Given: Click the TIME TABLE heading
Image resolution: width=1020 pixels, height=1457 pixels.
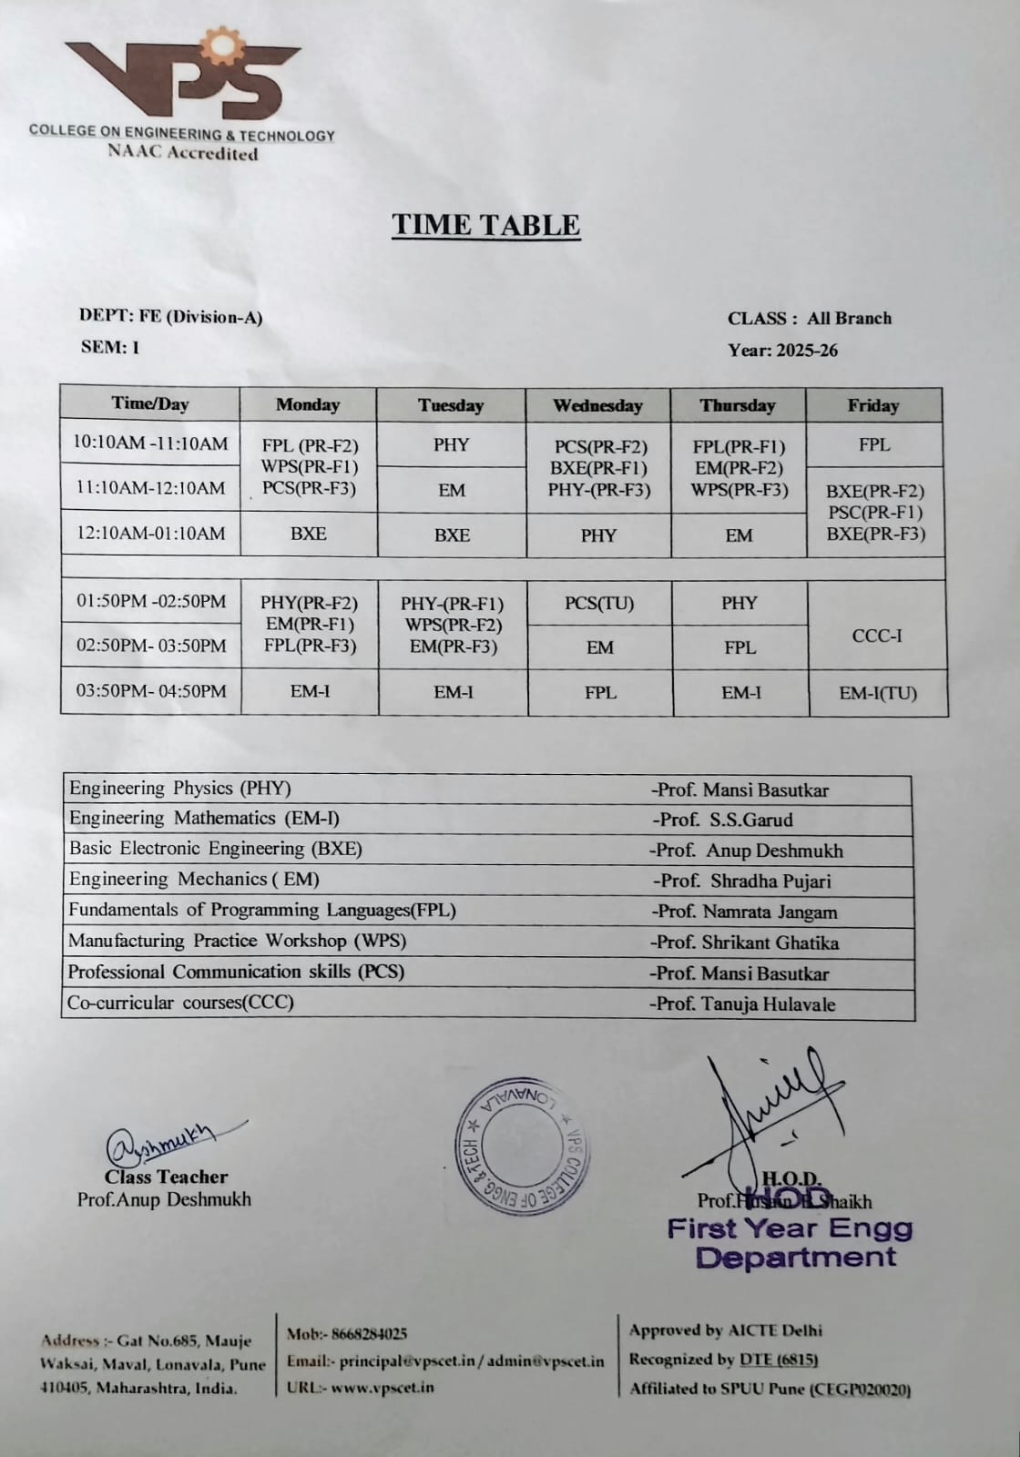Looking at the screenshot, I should [x=485, y=225].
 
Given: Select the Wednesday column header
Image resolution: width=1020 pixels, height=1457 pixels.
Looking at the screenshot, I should [x=597, y=406].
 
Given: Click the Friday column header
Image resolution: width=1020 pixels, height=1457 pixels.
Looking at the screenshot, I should [x=872, y=406].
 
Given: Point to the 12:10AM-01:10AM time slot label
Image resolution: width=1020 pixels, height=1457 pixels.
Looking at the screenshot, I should [x=150, y=534].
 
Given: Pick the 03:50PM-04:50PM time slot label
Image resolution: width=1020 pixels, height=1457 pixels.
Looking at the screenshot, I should [x=151, y=691].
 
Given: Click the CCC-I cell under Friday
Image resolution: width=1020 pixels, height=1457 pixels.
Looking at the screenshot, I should [x=877, y=636].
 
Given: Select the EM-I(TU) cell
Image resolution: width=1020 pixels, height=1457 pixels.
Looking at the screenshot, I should [x=878, y=693].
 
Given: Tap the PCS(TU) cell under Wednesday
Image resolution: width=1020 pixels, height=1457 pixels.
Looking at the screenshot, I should [x=599, y=603].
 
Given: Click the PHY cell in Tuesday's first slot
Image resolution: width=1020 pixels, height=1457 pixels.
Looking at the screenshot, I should [x=451, y=445].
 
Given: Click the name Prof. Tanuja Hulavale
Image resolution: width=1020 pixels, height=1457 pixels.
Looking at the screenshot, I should [x=742, y=1004].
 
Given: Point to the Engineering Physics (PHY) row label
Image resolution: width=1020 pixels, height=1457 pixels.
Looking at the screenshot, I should [x=180, y=789].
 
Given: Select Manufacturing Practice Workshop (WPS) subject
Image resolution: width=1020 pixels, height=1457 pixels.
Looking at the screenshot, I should [x=237, y=941].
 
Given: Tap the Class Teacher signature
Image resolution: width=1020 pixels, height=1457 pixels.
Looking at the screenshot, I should [x=168, y=1140].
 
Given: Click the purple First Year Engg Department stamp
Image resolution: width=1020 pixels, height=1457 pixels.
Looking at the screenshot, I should [x=790, y=1242].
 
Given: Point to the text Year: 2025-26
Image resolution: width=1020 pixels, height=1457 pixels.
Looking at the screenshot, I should [x=782, y=351].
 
